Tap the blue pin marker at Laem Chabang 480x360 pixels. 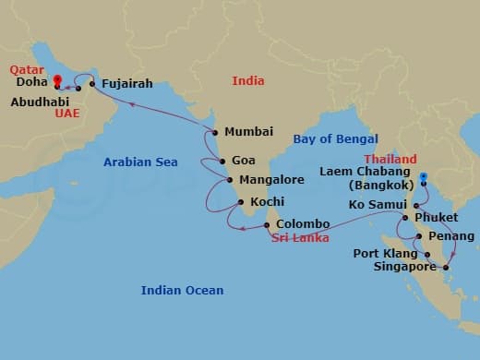pos(423,177)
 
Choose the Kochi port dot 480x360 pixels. pos(240,202)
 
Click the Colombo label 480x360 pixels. pos(303,224)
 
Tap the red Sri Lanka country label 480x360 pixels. pos(301,238)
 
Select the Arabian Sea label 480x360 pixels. pos(140,162)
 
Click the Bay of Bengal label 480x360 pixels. pos(335,139)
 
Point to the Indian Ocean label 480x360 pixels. pos(182,291)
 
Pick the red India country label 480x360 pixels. pos(248,81)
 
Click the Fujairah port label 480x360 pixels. pos(127,82)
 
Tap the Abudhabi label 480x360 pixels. pos(39,102)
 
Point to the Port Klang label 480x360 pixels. pos(385,253)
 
